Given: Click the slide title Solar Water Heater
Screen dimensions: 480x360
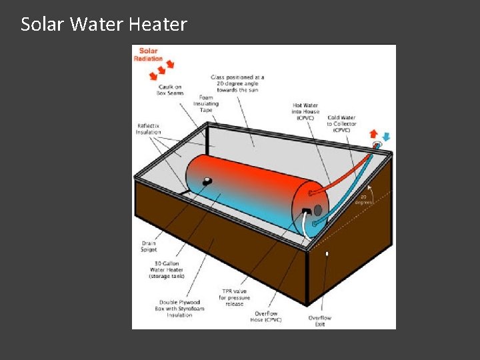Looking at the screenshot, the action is [104, 25].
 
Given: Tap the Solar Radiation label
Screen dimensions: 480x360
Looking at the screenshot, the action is [148, 55].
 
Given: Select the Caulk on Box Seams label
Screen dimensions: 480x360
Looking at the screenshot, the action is [171, 89].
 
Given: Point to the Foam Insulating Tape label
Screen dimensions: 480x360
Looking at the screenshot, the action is [207, 104].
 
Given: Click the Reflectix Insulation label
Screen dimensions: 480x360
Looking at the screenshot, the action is [149, 129].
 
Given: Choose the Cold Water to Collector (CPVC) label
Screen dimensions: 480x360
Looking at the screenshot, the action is [342, 123].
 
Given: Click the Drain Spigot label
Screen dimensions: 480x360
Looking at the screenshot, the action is [149, 247].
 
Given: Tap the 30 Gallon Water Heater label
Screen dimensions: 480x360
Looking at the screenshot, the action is [167, 270].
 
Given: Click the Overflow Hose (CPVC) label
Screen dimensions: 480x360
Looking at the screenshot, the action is [266, 317].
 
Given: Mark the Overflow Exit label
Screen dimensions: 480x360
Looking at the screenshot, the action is [320, 321].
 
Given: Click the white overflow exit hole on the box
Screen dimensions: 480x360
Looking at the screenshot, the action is [327, 254].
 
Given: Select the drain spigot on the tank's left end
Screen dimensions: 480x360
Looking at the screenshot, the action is [207, 181].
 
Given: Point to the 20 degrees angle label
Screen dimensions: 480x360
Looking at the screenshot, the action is [365, 199].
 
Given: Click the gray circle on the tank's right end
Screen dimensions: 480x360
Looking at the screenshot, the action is [318, 210].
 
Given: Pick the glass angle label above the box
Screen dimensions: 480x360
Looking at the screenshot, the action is [237, 83].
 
